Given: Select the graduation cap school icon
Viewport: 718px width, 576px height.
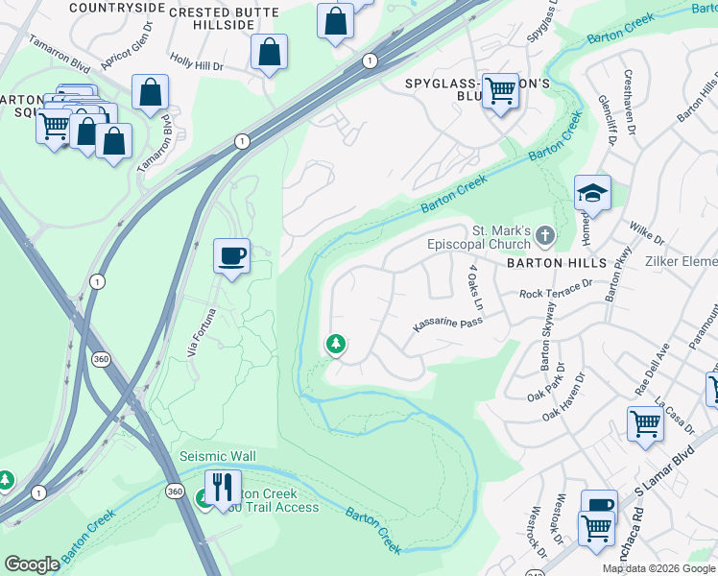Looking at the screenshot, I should [592, 194].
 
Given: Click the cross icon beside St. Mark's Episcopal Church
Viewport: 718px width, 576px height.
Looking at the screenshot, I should [545, 235].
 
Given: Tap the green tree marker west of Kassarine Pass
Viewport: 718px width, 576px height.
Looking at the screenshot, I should [336, 343].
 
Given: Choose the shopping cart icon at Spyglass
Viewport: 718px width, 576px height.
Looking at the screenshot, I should [500, 91].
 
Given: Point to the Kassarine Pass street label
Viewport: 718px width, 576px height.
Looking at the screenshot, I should [446, 324].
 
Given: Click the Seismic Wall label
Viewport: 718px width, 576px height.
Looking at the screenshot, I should [218, 455].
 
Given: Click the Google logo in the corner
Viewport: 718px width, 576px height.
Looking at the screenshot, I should [32, 564].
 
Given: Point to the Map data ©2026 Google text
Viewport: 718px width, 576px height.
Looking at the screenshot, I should [658, 568].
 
